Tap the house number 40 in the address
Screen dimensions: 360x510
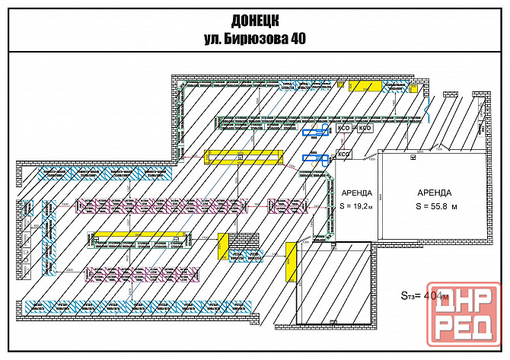pos(294,40)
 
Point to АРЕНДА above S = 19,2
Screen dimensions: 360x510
pos(356,193)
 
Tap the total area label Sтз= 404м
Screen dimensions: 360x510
pos(424,295)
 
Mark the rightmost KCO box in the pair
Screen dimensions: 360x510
pos(365,129)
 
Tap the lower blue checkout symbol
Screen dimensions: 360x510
pos(313,158)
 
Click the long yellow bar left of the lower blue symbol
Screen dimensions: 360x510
pos(244,157)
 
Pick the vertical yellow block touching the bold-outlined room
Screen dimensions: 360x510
pos(290,263)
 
